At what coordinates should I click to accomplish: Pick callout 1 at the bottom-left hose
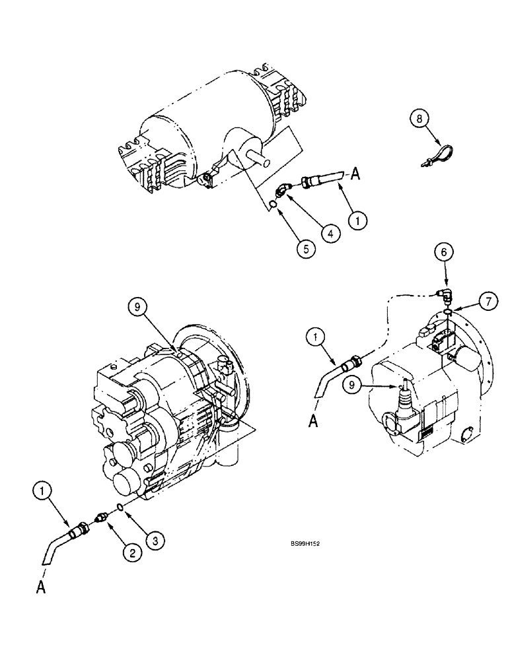(42, 492)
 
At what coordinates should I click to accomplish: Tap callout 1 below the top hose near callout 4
(357, 222)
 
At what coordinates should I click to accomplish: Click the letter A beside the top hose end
(355, 174)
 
